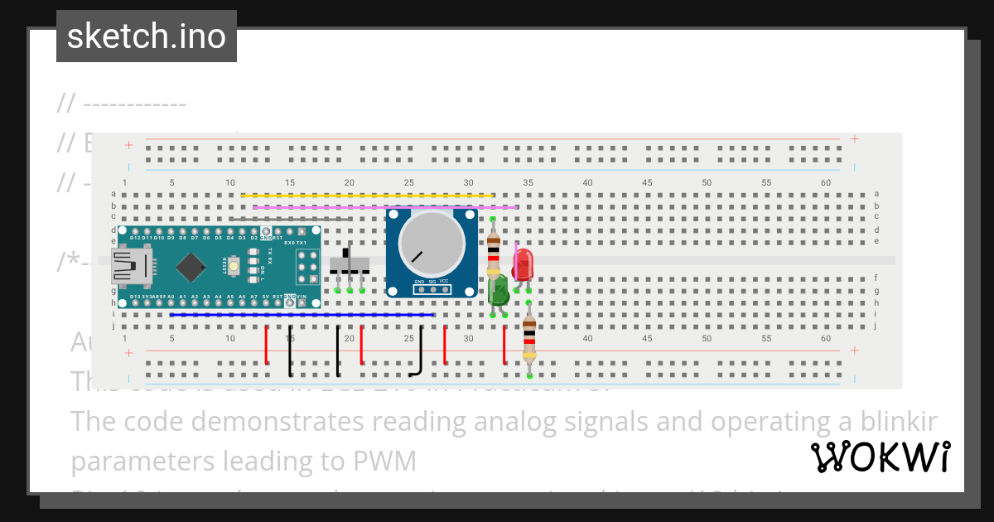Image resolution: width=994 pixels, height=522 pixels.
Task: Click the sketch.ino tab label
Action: [x=146, y=36]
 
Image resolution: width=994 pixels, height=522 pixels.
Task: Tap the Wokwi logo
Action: [x=880, y=457]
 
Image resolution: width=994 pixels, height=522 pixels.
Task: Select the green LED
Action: [x=498, y=290]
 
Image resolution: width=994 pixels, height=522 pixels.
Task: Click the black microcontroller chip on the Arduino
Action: [x=191, y=266]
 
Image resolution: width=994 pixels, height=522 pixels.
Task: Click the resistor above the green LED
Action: [x=493, y=246]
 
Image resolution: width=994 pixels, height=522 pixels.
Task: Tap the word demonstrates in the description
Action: [x=284, y=421]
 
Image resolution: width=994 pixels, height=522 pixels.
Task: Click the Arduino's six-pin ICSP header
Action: [x=305, y=266]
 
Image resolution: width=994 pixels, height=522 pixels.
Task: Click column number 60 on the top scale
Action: [x=825, y=182]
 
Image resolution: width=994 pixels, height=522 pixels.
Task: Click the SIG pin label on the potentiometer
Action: [x=432, y=282]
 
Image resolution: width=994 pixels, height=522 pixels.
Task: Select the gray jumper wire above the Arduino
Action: [x=290, y=220]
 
